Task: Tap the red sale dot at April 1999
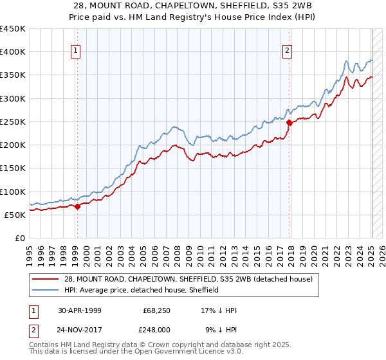[x=77, y=206]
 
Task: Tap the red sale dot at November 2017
[x=289, y=122]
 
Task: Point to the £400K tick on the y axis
[x=13, y=52]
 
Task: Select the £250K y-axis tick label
[x=13, y=122]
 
